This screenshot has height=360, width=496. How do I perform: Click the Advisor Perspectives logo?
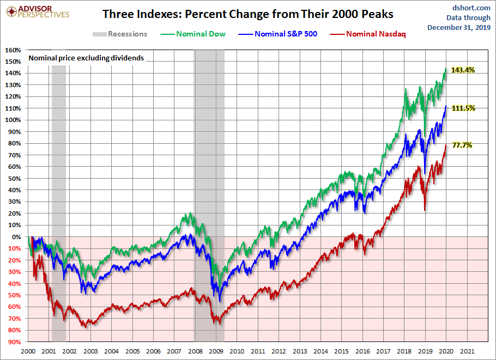(x=38, y=11)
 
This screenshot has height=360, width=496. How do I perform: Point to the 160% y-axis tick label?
(x=13, y=50)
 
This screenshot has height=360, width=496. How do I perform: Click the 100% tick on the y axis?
(x=13, y=120)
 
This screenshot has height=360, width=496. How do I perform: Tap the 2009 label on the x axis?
(x=216, y=351)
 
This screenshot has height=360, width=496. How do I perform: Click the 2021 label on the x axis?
(x=467, y=351)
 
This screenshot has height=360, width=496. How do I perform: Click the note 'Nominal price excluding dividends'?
(x=86, y=57)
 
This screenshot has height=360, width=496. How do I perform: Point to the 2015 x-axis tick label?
(x=342, y=351)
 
